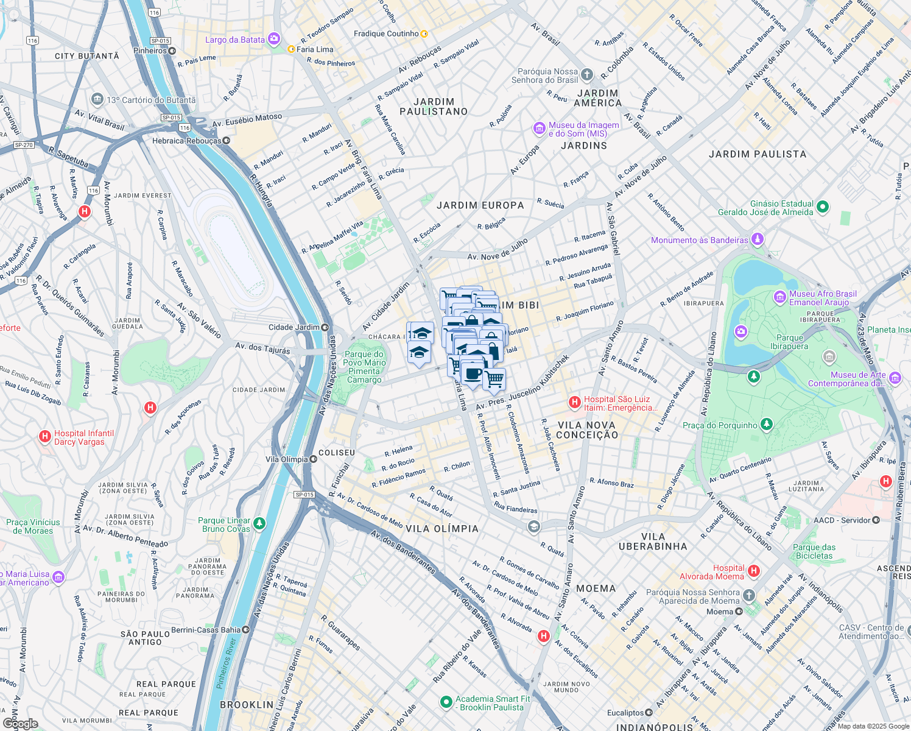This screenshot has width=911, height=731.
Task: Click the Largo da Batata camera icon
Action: [x=274, y=40]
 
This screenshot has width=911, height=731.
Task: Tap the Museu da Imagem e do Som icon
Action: [x=539, y=129]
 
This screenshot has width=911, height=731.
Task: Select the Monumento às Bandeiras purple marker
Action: [x=757, y=239]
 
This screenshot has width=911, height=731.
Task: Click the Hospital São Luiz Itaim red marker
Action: [x=574, y=402]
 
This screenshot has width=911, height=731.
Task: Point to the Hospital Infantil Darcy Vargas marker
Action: [x=44, y=436]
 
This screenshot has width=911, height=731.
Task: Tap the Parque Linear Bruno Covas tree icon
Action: [x=259, y=523]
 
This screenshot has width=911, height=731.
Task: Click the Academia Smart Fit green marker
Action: [x=446, y=702]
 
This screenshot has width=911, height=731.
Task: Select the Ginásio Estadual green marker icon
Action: [x=823, y=207]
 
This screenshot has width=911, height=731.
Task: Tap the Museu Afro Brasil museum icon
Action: [x=779, y=297]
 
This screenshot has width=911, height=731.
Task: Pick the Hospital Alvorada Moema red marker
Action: [x=754, y=571]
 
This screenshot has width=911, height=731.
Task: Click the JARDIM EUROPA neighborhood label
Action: [x=480, y=205]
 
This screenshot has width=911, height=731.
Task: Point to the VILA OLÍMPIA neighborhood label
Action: [x=442, y=529]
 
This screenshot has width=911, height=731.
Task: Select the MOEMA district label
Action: [x=596, y=588]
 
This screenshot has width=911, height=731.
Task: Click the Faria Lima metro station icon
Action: [x=291, y=49]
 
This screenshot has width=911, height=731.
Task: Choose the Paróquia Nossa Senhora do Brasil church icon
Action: [x=586, y=75]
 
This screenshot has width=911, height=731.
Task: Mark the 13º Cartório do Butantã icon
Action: [x=97, y=99]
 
